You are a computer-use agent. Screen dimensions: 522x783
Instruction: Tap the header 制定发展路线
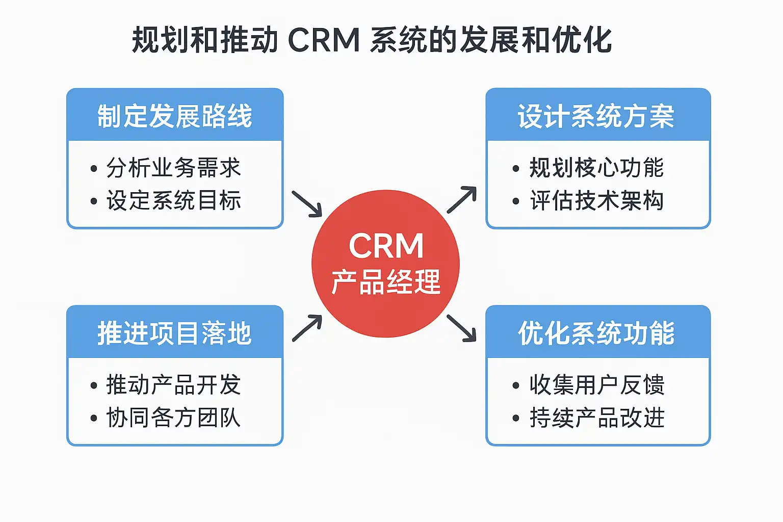(175, 116)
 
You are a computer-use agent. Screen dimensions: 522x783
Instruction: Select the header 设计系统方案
(596, 116)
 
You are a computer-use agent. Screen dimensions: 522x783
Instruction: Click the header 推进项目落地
(175, 333)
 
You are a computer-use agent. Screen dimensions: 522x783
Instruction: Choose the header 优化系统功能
(596, 333)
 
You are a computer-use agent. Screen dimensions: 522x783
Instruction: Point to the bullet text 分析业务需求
(173, 168)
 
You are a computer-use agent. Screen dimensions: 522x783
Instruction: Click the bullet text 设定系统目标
(173, 200)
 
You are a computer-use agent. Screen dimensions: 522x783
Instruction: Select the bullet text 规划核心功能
(596, 168)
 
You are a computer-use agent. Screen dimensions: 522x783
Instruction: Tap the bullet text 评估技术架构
(596, 200)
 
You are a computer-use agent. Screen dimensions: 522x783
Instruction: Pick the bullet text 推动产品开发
(173, 385)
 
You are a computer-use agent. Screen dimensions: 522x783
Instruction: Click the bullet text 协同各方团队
(173, 417)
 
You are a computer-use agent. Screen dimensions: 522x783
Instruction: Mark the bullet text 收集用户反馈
(596, 385)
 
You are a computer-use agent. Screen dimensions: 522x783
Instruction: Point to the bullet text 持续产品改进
(596, 417)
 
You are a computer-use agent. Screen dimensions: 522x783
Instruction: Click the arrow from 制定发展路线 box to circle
(307, 203)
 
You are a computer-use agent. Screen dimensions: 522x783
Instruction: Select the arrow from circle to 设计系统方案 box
(462, 199)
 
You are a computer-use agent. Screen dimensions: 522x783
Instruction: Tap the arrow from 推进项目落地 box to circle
(307, 328)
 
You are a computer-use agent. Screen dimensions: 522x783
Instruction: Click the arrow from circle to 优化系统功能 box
(461, 328)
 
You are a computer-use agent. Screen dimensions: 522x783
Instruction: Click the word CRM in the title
(324, 40)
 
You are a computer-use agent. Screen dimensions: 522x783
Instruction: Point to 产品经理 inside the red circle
(386, 282)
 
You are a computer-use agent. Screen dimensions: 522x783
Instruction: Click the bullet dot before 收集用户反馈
(516, 386)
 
